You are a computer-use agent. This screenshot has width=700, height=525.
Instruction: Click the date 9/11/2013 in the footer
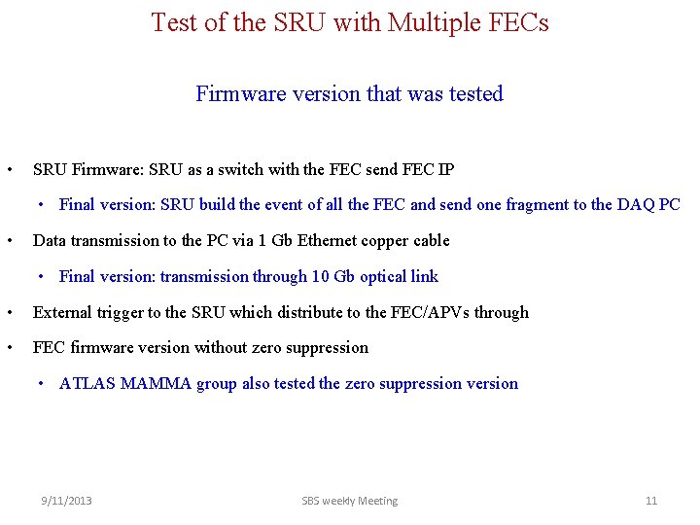point(66,501)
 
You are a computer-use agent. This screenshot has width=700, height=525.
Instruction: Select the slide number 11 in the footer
point(651,501)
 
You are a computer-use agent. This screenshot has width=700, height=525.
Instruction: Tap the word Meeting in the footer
point(376,501)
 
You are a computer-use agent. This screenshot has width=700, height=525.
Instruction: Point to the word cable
point(429,240)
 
